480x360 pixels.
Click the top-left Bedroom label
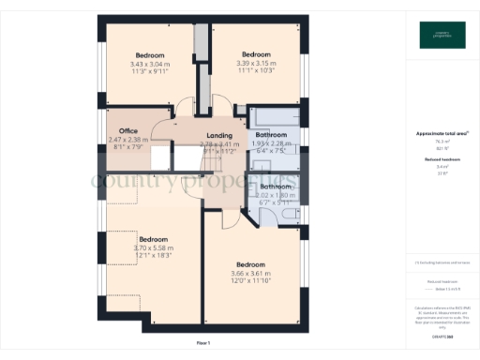coord(150,54)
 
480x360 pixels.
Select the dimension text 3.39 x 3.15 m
coord(257,63)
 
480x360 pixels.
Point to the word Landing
coord(219,136)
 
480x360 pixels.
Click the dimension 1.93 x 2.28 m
coord(274,144)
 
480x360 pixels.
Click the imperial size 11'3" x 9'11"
coord(150,71)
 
